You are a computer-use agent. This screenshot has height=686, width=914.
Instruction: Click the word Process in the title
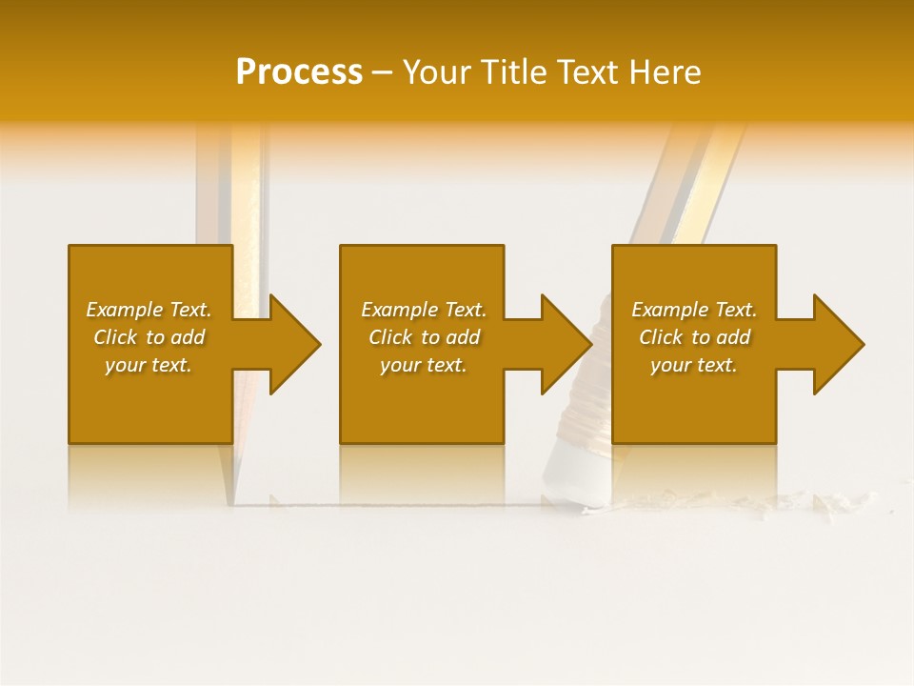pos(299,72)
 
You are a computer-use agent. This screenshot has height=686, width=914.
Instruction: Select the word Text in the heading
pos(590,72)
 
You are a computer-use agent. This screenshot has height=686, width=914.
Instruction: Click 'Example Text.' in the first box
pos(149,310)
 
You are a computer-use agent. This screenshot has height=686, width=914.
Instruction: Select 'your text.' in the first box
pos(149,365)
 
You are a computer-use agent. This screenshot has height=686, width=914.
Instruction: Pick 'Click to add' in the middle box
pos(424,337)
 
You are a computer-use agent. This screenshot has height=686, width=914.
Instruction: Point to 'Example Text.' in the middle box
pos(424,310)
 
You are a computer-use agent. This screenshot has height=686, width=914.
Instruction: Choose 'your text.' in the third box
pos(694,365)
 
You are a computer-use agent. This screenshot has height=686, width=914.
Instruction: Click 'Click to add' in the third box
pos(694,337)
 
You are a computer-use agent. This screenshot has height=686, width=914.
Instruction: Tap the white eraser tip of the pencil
pos(571,476)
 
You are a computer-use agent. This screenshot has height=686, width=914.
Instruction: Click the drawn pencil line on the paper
pos(400,504)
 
